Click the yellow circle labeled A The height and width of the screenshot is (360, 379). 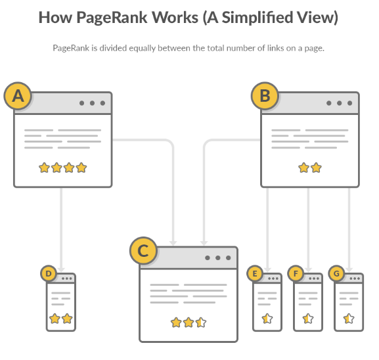coord(18,96)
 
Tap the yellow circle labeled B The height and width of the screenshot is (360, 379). coord(265,96)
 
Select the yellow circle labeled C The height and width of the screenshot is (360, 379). coord(143,250)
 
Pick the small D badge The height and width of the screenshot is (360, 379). coord(49,273)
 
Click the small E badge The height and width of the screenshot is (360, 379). coord(254,273)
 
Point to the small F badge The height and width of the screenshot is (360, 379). coord(296,273)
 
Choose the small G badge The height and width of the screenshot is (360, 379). coord(336,273)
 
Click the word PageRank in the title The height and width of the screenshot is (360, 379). coord(112,18)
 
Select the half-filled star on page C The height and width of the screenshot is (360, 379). coord(201,323)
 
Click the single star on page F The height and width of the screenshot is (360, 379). coord(308,319)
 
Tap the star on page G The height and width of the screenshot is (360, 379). coord(349,319)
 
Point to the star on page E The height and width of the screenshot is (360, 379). coord(267,319)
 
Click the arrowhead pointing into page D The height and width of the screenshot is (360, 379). coord(61,270)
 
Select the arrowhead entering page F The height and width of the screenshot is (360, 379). coord(308,270)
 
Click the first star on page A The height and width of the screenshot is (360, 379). coord(44,168)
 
